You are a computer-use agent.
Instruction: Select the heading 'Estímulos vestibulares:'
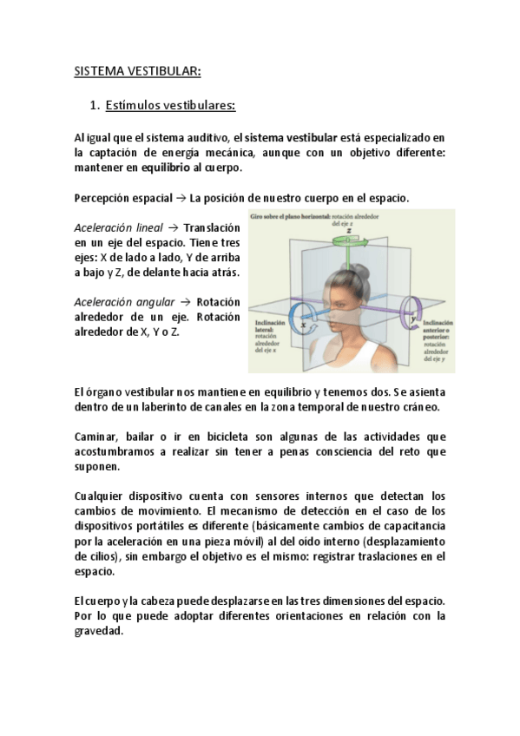click(170, 107)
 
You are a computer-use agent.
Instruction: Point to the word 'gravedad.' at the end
click(99, 631)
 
